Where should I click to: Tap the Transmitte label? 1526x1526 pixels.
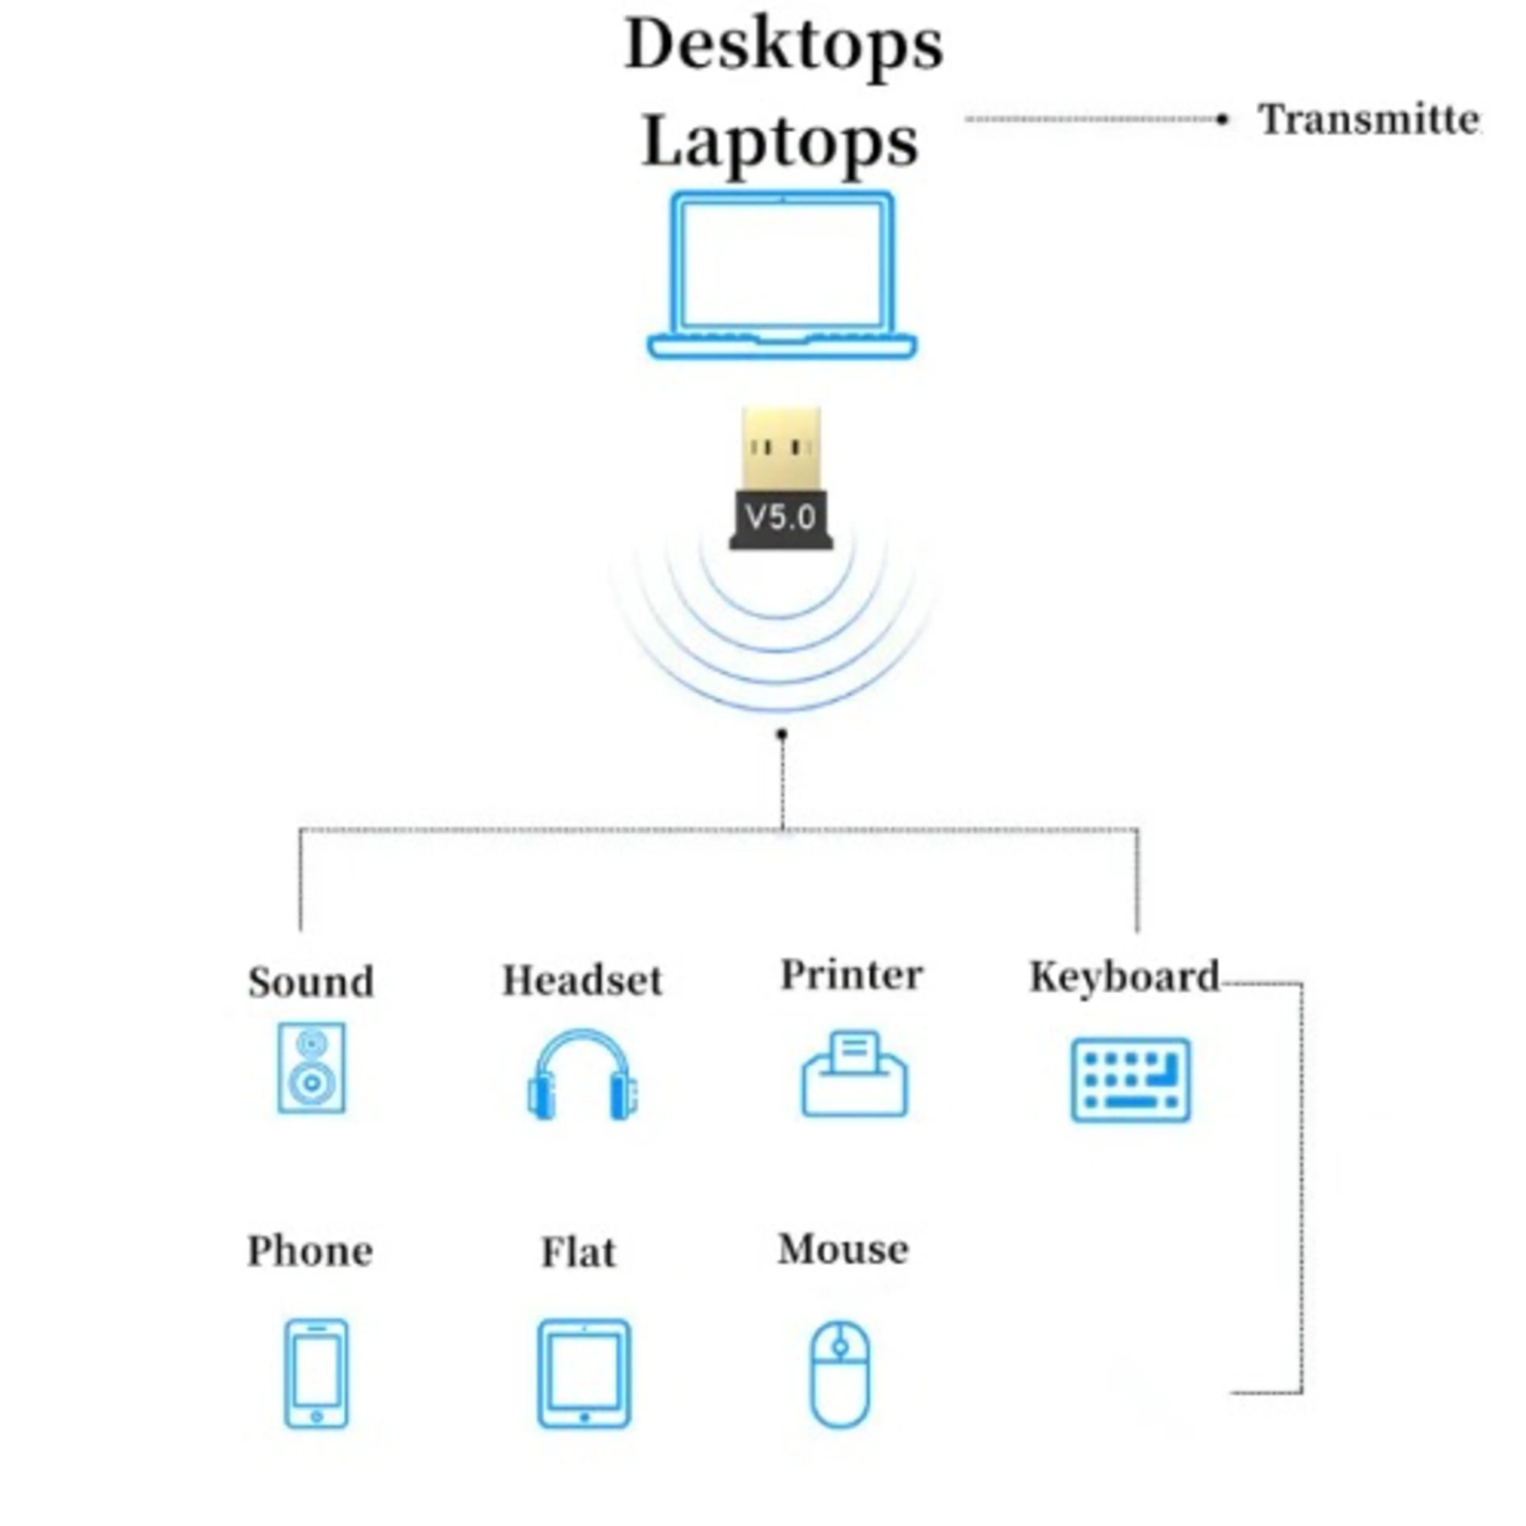[1369, 120]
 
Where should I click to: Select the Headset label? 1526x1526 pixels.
[582, 980]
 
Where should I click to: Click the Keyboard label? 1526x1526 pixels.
[1124, 977]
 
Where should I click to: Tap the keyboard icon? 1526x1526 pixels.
[1130, 1080]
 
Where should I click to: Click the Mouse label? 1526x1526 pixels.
[844, 1249]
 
